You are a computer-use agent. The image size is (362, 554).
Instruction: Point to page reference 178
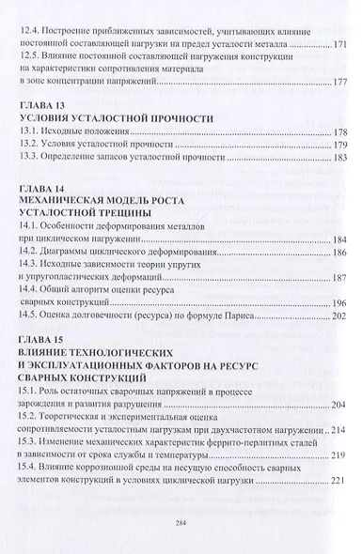click(x=340, y=132)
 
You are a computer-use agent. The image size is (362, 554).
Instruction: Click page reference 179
click(x=340, y=146)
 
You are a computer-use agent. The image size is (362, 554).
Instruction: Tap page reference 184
click(x=340, y=240)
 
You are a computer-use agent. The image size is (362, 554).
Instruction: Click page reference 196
click(x=340, y=302)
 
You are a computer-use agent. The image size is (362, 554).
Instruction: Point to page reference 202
click(x=340, y=316)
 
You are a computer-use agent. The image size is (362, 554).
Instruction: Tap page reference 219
click(x=340, y=448)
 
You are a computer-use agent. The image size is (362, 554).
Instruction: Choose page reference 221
click(x=340, y=476)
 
